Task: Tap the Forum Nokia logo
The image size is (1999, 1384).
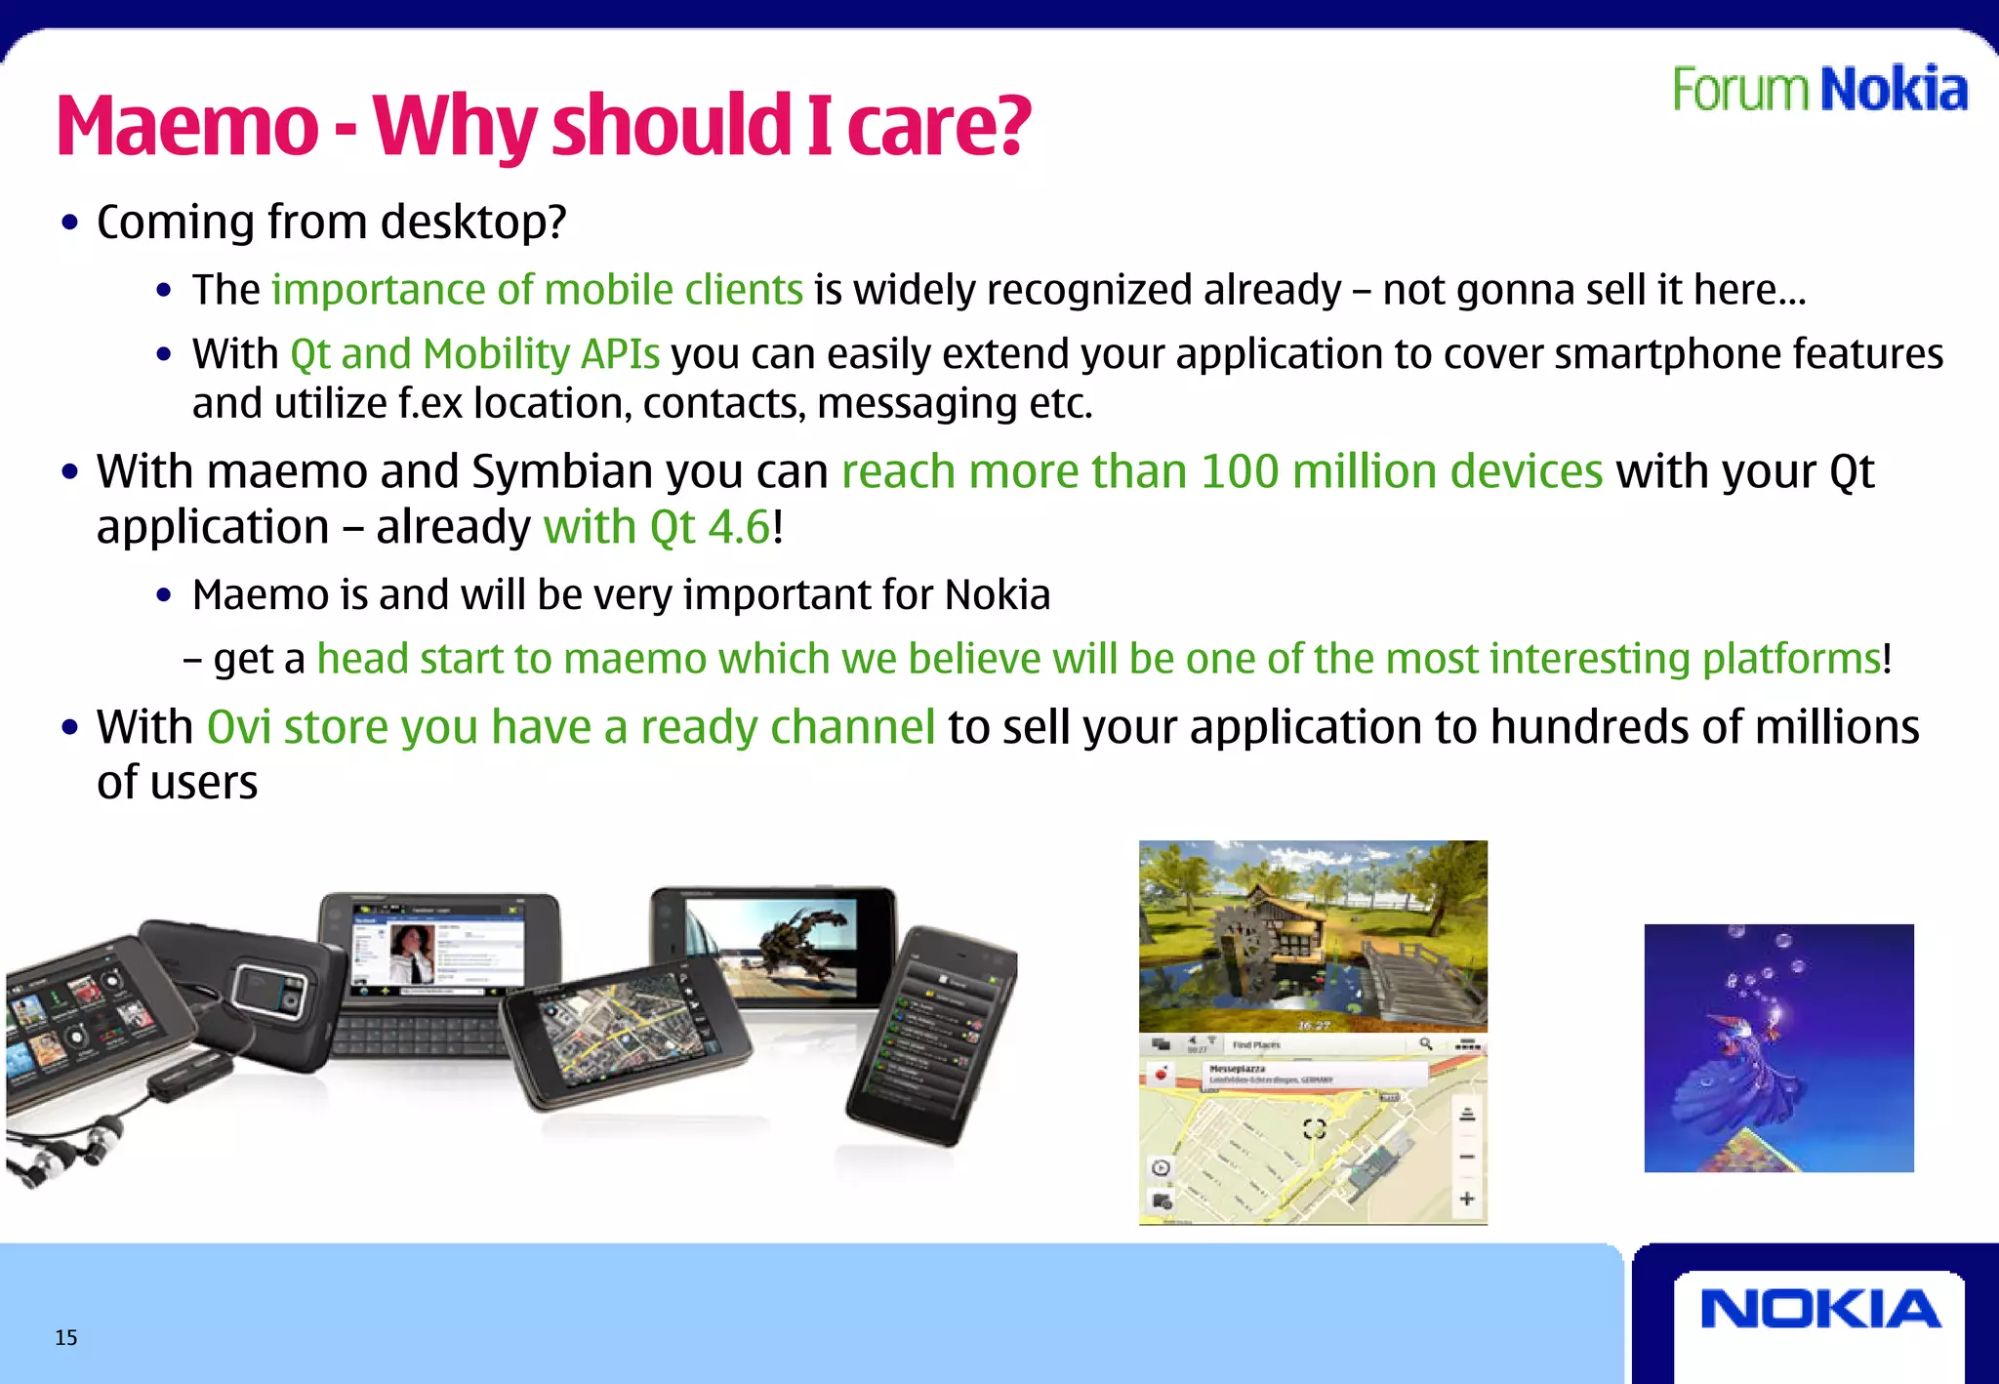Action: point(1819,90)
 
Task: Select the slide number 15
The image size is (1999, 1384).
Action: point(65,1337)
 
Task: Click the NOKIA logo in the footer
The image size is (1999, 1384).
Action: point(1819,1310)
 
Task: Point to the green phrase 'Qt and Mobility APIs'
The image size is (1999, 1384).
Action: point(474,353)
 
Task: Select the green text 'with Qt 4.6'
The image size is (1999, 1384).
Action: point(657,528)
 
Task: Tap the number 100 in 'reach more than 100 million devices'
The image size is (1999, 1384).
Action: point(1240,472)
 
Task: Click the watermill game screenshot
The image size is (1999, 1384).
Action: point(1313,935)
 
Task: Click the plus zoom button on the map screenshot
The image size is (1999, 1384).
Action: point(1466,1199)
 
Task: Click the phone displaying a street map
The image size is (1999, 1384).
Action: point(625,1035)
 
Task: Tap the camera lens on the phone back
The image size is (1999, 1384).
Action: point(262,994)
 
